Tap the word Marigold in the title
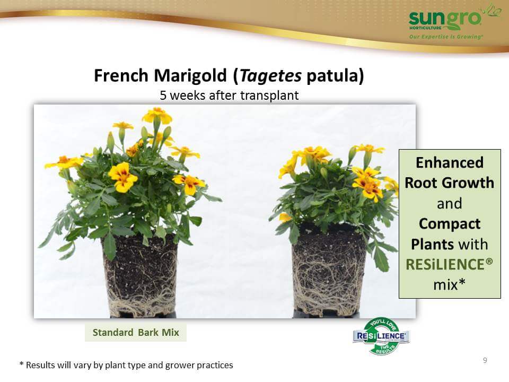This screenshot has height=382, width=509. click(x=190, y=75)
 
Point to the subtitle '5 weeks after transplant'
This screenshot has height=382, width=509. click(x=229, y=95)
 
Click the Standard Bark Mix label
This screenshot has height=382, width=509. click(x=136, y=332)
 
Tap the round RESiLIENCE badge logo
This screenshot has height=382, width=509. click(x=381, y=336)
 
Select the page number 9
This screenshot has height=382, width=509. click(x=485, y=360)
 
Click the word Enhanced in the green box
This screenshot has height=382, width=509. click(x=450, y=162)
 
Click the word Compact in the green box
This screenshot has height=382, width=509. click(x=450, y=224)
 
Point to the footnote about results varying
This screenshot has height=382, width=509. click(x=126, y=365)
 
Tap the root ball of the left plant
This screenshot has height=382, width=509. click(x=140, y=275)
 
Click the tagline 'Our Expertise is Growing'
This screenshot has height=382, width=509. click(x=446, y=37)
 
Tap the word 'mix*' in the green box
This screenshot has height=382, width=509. click(x=450, y=284)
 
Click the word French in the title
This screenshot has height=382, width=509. click(x=121, y=75)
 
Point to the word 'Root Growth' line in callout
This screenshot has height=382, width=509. click(x=450, y=183)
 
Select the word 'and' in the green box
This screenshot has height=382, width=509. click(x=450, y=204)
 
